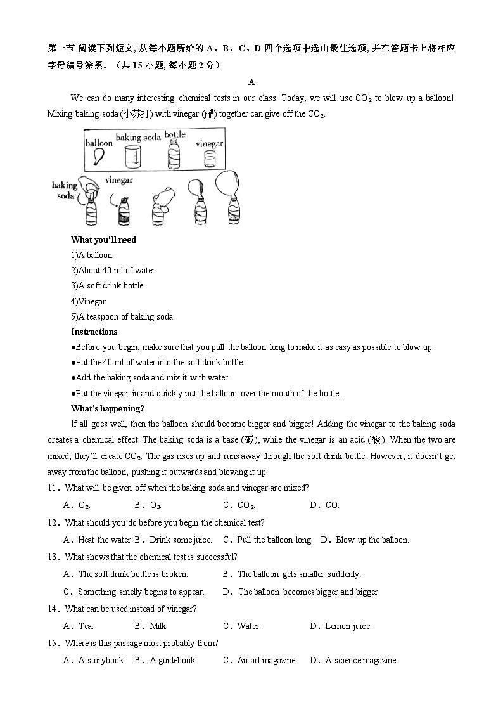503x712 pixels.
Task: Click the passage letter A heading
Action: pyautogui.click(x=251, y=82)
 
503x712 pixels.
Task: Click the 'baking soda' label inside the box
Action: pyautogui.click(x=138, y=137)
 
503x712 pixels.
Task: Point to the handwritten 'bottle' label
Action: pyautogui.click(x=175, y=134)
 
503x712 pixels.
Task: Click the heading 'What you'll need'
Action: pyautogui.click(x=103, y=240)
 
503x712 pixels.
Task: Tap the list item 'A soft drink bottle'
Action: pyautogui.click(x=107, y=286)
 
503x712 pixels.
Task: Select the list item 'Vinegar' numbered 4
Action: pyautogui.click(x=89, y=301)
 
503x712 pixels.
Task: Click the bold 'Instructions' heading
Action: pyautogui.click(x=94, y=332)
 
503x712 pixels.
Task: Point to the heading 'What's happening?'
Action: pyautogui.click(x=107, y=408)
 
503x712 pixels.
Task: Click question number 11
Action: pyautogui.click(x=53, y=488)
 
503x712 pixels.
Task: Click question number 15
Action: pyautogui.click(x=53, y=643)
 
